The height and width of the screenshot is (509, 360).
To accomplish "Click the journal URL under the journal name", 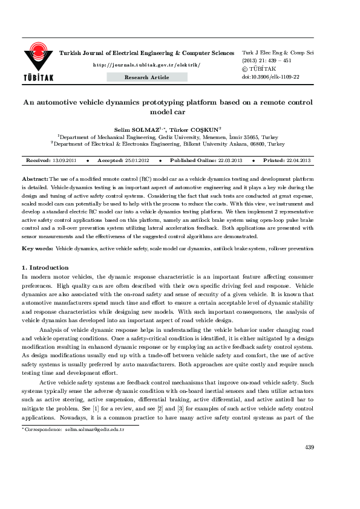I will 146,64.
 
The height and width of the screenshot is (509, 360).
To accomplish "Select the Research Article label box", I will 147,77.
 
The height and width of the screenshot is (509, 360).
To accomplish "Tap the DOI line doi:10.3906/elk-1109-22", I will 270,77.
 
